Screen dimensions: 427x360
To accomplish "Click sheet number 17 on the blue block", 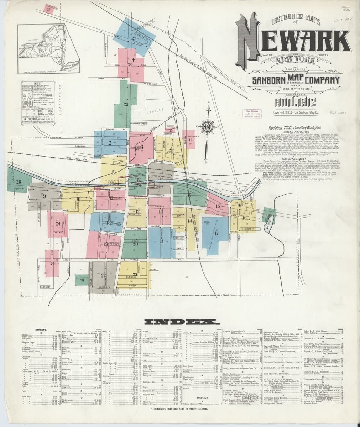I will (216, 233).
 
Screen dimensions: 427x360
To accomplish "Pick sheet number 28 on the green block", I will (18, 182).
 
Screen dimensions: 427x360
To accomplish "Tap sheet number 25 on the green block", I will (126, 104).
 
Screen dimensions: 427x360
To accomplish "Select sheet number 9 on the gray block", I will (44, 196).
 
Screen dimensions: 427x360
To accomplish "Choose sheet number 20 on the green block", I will (135, 244).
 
